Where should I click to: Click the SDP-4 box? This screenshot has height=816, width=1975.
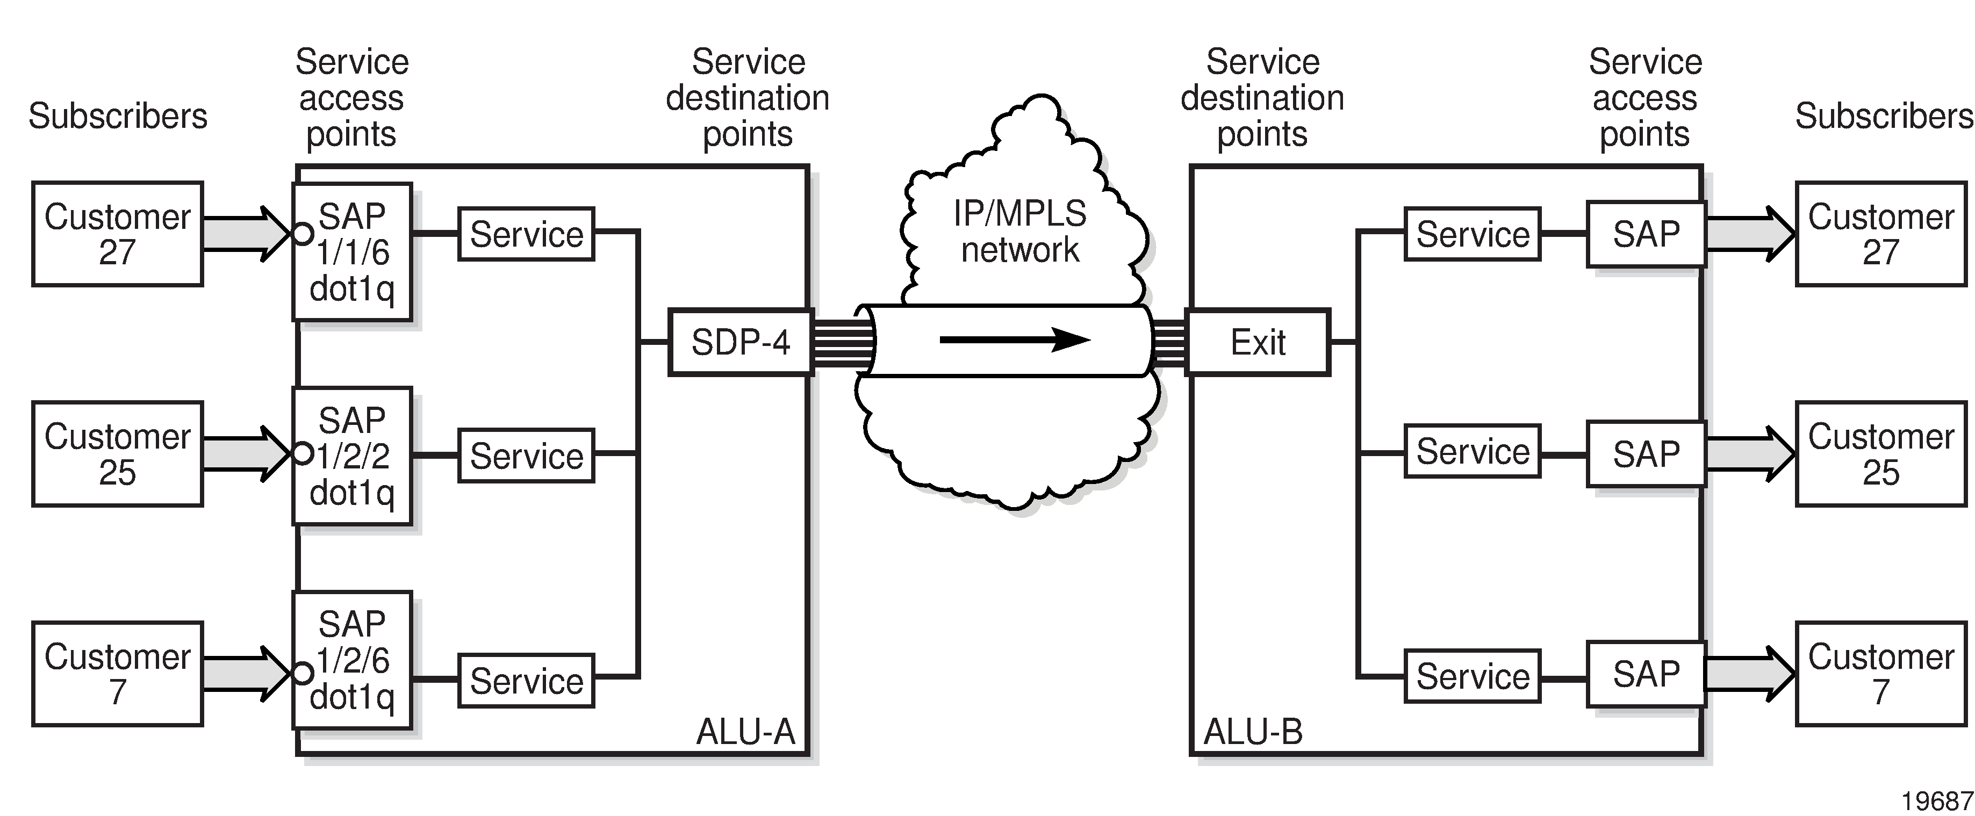click(741, 342)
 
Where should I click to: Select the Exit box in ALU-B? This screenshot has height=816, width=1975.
click(1258, 342)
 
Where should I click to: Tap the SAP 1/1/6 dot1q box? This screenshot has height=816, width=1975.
click(353, 251)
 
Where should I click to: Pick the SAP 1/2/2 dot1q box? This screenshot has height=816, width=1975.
click(353, 456)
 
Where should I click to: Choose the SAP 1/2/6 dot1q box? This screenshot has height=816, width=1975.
click(353, 660)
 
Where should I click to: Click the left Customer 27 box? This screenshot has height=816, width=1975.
click(117, 234)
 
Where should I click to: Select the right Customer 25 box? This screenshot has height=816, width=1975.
click(1881, 453)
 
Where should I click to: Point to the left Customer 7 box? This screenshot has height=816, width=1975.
click(117, 674)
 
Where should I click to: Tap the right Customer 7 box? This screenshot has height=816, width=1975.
click(1881, 674)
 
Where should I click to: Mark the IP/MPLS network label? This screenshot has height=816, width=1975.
click(1019, 232)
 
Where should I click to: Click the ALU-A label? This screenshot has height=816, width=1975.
click(745, 732)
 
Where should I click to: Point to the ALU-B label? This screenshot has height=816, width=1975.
click(1253, 732)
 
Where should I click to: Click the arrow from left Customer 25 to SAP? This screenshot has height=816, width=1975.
click(246, 453)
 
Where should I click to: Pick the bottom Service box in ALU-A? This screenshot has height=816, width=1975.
click(527, 681)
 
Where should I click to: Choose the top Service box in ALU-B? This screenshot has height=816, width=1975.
click(1472, 234)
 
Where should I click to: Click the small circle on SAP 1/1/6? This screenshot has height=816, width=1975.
click(304, 233)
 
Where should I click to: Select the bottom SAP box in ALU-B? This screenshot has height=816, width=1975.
click(1646, 674)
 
